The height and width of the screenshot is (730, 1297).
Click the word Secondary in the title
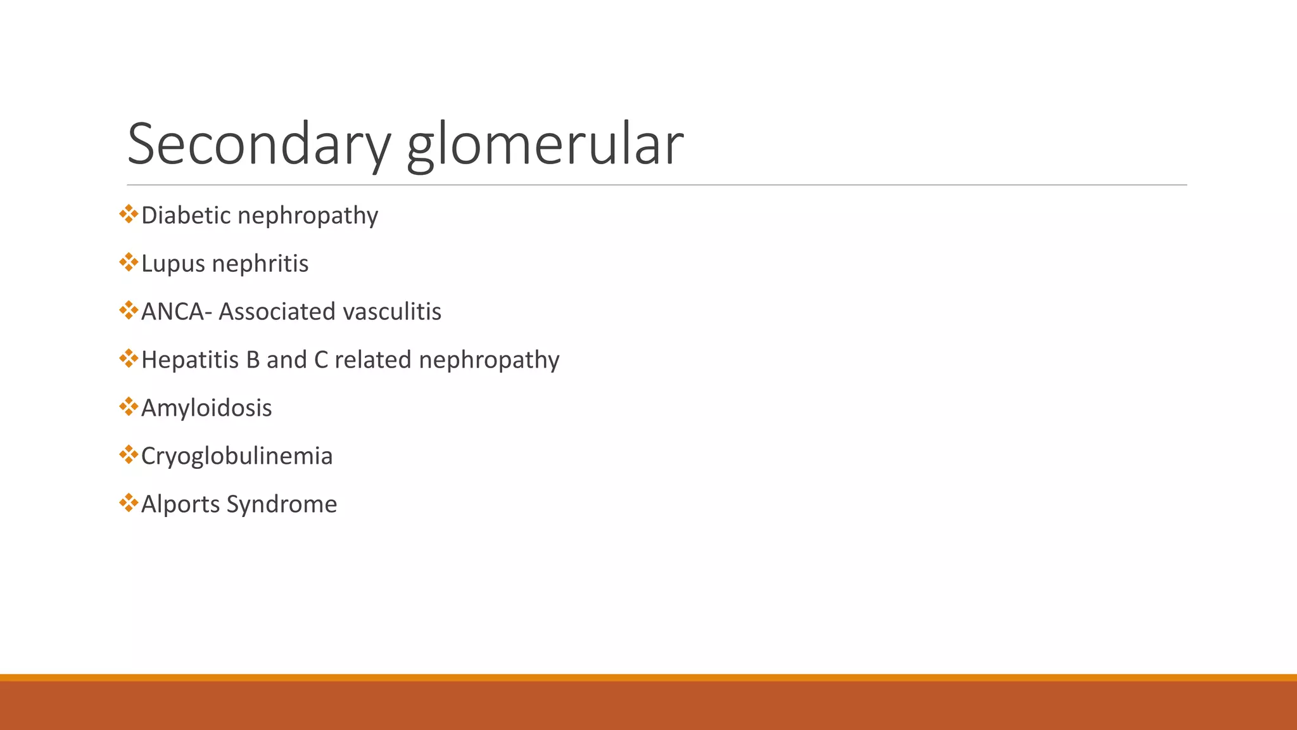(x=258, y=144)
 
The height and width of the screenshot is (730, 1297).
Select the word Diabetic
(x=186, y=215)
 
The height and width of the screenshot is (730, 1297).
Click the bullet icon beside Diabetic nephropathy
(x=129, y=214)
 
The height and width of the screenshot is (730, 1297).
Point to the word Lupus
(x=173, y=264)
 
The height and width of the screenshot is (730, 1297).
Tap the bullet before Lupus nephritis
(x=129, y=262)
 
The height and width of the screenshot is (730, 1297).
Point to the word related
(x=373, y=360)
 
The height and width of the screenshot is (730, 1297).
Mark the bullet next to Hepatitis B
(x=129, y=359)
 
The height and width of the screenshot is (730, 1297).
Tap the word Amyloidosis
(x=206, y=408)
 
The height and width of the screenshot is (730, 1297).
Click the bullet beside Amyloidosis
(x=129, y=407)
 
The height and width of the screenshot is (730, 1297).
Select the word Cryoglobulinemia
(x=237, y=456)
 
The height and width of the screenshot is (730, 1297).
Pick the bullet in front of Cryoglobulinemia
(x=129, y=455)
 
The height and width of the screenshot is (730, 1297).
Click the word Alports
(x=180, y=504)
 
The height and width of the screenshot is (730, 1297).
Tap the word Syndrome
(x=282, y=504)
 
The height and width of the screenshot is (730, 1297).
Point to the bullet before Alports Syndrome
(x=129, y=503)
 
